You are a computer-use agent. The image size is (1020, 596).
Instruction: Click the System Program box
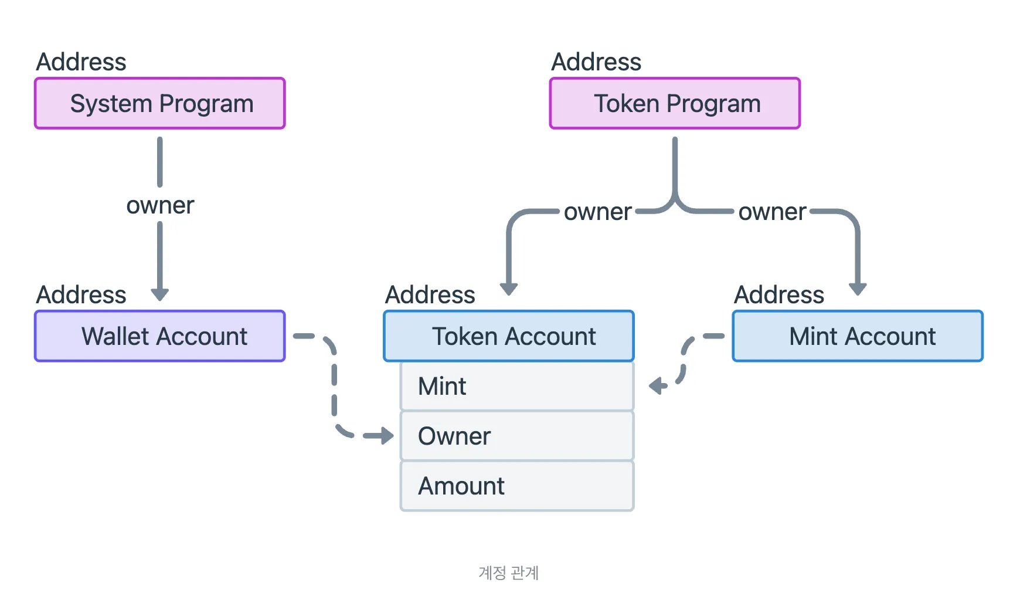tap(160, 103)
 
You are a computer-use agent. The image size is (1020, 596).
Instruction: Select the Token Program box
tap(675, 103)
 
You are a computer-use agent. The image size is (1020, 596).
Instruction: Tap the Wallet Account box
tap(160, 336)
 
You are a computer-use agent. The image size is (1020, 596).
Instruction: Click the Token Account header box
tap(509, 336)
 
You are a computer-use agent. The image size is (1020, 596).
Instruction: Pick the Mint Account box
tap(858, 336)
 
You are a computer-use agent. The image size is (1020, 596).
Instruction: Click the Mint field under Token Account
tap(516, 386)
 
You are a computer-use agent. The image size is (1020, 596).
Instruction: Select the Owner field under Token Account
tap(516, 436)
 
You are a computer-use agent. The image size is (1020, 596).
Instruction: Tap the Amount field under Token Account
tap(516, 486)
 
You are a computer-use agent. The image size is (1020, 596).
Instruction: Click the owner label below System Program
tap(160, 205)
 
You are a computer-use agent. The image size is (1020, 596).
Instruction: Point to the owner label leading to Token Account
tap(597, 212)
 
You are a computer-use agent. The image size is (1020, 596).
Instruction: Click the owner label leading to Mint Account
tap(772, 212)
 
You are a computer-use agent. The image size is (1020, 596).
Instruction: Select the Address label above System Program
tap(81, 62)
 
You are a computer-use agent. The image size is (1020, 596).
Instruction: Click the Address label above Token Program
tap(596, 62)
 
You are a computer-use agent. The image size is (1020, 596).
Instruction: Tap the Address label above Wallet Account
tap(81, 294)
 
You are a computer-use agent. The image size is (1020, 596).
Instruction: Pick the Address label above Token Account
tap(430, 294)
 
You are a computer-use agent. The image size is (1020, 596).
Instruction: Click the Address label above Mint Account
tap(779, 294)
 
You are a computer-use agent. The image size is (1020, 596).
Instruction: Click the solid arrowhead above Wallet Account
tap(160, 294)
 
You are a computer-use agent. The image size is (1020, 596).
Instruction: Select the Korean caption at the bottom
tap(508, 573)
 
